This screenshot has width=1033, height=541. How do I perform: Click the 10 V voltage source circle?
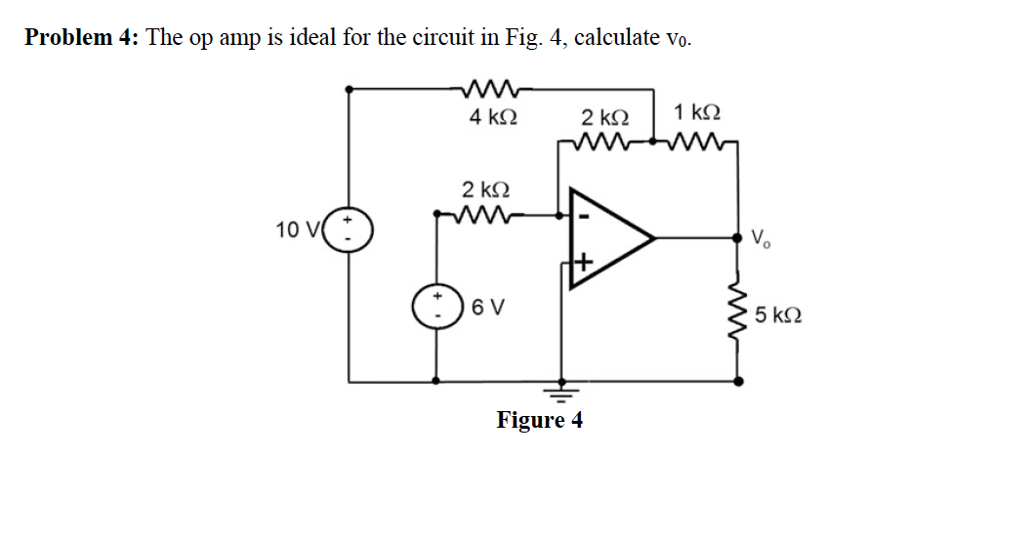349,230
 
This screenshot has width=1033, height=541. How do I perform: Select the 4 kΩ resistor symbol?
492,88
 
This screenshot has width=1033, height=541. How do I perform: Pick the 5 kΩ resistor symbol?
738,314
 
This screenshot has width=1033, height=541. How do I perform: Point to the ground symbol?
560,395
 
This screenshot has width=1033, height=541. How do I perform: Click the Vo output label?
761,238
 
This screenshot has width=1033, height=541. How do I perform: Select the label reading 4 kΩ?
493,117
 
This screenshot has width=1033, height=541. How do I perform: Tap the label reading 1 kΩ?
696,112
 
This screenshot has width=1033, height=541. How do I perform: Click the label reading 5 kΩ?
778,315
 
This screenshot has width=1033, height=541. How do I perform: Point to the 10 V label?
297,230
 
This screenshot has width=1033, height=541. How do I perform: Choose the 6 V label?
488,307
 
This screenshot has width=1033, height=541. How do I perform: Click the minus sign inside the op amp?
583,216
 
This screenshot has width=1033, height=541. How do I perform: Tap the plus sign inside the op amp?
583,264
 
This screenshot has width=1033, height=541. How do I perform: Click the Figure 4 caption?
540,421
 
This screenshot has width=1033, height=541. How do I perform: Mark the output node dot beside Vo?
738,237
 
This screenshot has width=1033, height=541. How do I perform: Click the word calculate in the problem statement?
617,37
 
